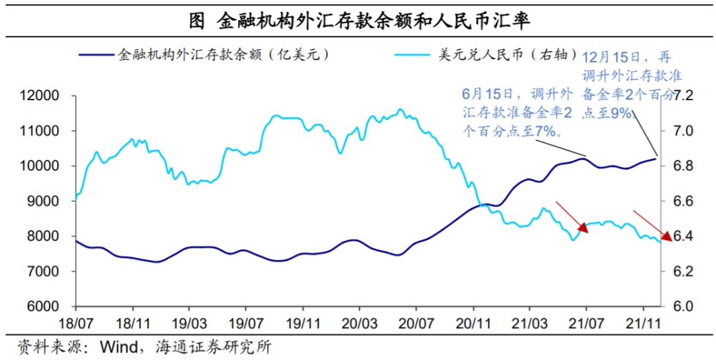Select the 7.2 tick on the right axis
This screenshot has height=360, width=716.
tap(683, 96)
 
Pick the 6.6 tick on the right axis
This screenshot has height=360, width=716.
tap(683, 202)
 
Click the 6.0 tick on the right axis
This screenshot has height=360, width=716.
tap(683, 307)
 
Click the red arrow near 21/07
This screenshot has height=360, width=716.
tap(572, 218)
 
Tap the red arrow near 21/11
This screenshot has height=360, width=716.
tap(653, 225)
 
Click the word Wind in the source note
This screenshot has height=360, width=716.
tap(117, 348)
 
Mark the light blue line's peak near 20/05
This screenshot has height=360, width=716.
tap(400, 109)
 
